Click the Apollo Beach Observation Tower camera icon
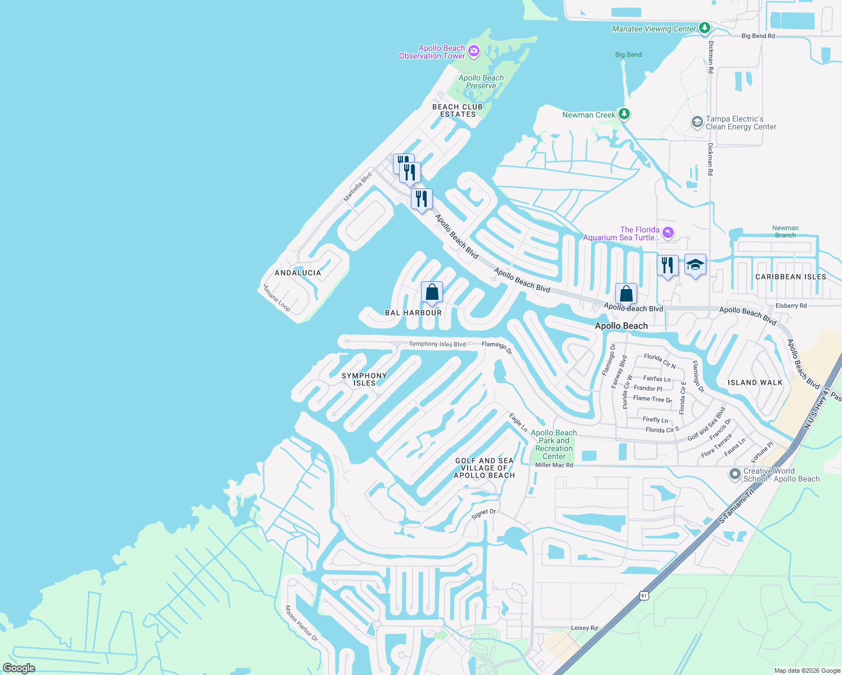pos(474,51)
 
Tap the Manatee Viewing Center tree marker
pos(705,28)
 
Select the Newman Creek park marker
pos(624,114)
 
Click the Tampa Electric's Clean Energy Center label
pos(741,123)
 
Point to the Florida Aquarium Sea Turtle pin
pos(668,232)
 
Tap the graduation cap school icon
pos(695,265)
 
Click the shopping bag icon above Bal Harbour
pos(432,292)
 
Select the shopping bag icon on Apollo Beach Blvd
pos(626,294)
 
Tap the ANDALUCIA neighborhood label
pos(298,273)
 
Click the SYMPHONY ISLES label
pos(364,379)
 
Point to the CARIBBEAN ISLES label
pos(791,277)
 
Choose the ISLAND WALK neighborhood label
pos(755,382)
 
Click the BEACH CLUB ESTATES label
pos(458,110)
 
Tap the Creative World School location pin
pos(734,474)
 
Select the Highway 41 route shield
pos(644,595)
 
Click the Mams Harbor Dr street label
pos(301,623)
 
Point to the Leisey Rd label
pos(584,628)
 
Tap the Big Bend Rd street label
pos(758,36)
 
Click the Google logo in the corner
pos(19,668)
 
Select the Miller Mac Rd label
pos(554,465)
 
